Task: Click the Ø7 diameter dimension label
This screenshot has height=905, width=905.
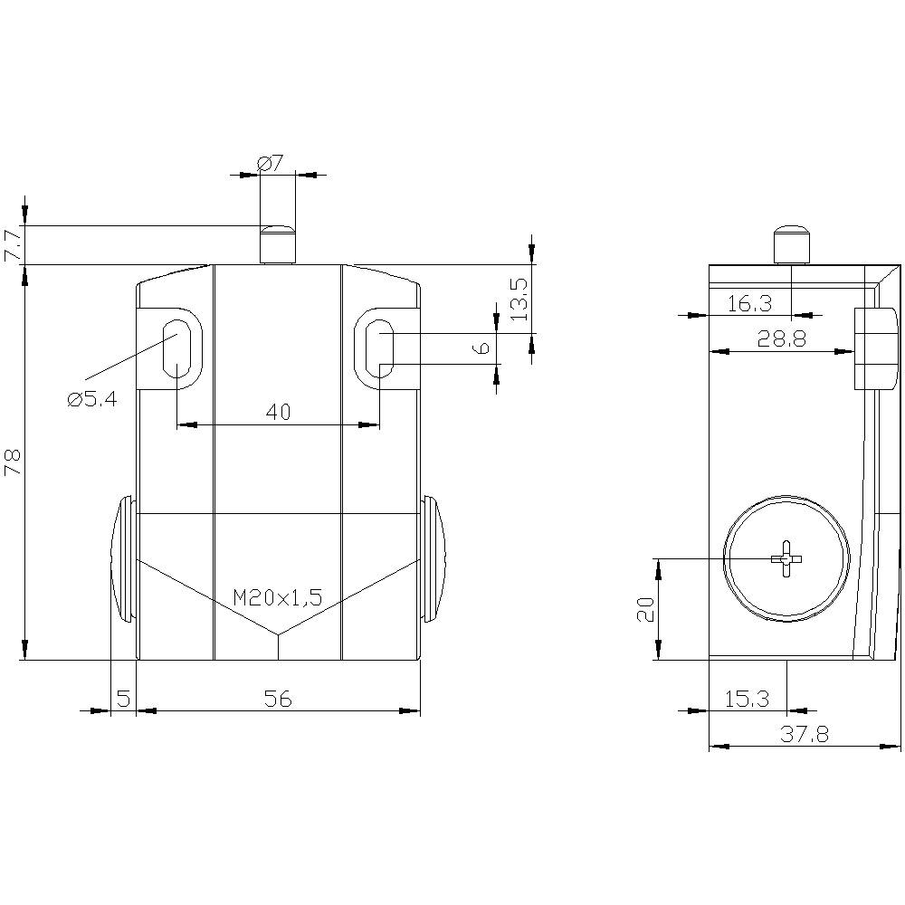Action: pyautogui.click(x=271, y=164)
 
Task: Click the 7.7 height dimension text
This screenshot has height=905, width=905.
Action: pyautogui.click(x=12, y=245)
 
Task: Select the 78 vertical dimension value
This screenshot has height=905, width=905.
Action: pyautogui.click(x=12, y=462)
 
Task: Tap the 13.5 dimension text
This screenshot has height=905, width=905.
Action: pyautogui.click(x=519, y=299)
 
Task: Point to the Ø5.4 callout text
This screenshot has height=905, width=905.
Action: pyautogui.click(x=92, y=399)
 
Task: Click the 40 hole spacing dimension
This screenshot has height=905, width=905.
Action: pyautogui.click(x=278, y=412)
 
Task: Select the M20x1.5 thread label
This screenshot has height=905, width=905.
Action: pyautogui.click(x=278, y=597)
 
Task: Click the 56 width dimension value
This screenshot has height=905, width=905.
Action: pyautogui.click(x=278, y=699)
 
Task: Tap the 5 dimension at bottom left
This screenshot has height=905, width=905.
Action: pyautogui.click(x=123, y=699)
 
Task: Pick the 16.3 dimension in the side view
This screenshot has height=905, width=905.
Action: pyautogui.click(x=749, y=304)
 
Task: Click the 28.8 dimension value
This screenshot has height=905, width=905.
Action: pyautogui.click(x=782, y=339)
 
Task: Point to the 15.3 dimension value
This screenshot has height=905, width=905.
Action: pyautogui.click(x=747, y=699)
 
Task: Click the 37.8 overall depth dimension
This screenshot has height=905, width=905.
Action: pyautogui.click(x=804, y=735)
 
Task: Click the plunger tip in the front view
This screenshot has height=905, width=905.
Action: pyautogui.click(x=277, y=243)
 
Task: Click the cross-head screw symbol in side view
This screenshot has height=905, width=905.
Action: pyautogui.click(x=786, y=559)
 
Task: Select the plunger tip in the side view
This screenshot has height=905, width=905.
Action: pyautogui.click(x=791, y=243)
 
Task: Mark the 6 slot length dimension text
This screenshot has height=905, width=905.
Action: pyautogui.click(x=483, y=348)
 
